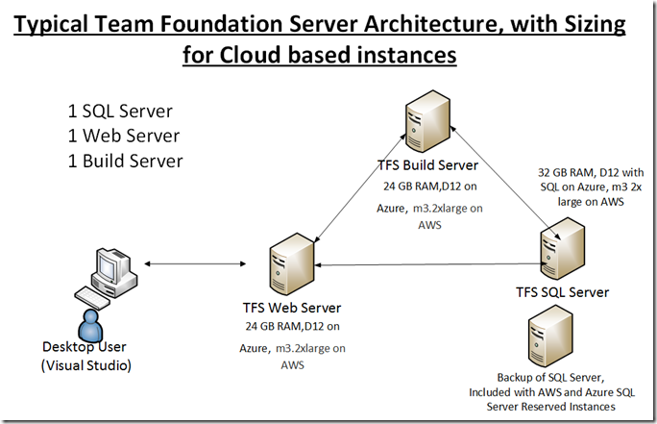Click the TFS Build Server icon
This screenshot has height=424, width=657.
pyautogui.click(x=427, y=121)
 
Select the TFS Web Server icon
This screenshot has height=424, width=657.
pyautogui.click(x=292, y=263)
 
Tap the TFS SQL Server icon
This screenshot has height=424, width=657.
pyautogui.click(x=562, y=248)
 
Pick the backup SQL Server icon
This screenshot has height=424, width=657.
pyautogui.click(x=550, y=337)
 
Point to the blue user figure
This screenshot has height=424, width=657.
pyautogui.click(x=90, y=325)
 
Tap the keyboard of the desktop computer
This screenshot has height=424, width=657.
pyautogui.click(x=92, y=298)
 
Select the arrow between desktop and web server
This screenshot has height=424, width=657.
pyautogui.click(x=195, y=263)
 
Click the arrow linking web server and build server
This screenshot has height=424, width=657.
pyautogui.click(x=359, y=187)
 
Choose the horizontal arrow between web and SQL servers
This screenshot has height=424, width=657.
pyautogui.click(x=430, y=264)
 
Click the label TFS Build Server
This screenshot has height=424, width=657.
pyautogui.click(x=427, y=165)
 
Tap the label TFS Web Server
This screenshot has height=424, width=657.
pyautogui.click(x=292, y=308)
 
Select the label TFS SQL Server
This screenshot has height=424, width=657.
pyautogui.click(x=562, y=292)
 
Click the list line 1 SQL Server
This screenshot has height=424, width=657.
pyautogui.click(x=120, y=112)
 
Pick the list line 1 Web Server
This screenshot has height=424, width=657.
pyautogui.click(x=124, y=136)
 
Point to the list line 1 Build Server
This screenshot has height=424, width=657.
pyautogui.click(x=125, y=162)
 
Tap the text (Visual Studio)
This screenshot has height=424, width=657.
pyautogui.click(x=86, y=365)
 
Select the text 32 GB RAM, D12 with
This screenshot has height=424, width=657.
pyautogui.click(x=591, y=172)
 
